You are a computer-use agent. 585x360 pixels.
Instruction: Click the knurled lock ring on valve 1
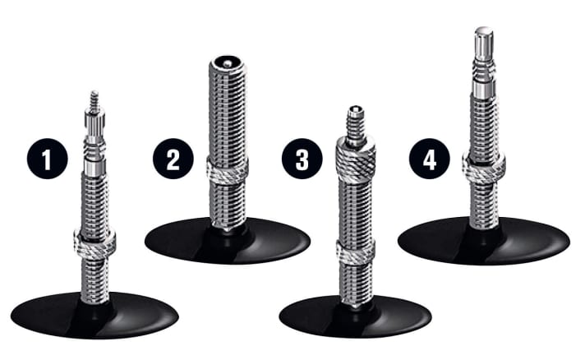[x=94, y=242]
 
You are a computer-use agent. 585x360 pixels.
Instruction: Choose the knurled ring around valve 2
[x=228, y=170]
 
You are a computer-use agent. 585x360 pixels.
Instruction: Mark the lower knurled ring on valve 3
[x=355, y=252]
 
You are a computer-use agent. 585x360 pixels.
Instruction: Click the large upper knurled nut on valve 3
[x=356, y=153]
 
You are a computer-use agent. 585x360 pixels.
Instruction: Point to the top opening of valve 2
[x=227, y=62]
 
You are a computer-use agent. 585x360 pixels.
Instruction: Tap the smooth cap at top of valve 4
[x=483, y=42]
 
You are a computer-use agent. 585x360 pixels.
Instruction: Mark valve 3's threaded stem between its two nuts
[x=355, y=205]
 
